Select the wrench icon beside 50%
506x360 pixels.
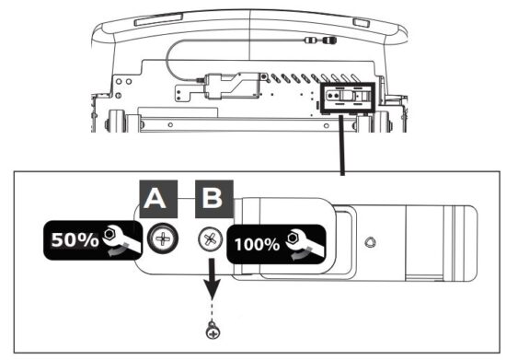(x=118, y=238)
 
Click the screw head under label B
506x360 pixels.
(x=208, y=239)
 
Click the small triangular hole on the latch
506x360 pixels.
(x=368, y=243)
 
